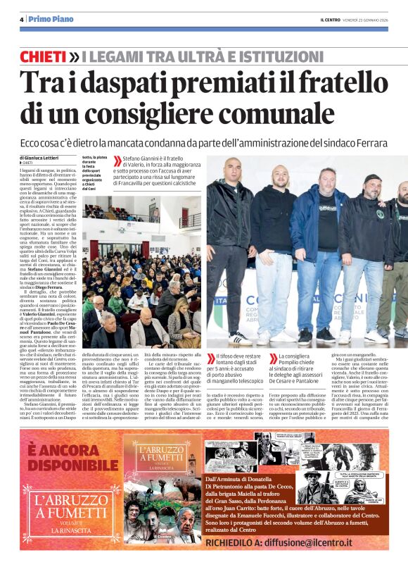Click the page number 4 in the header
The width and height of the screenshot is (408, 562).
point(22,19)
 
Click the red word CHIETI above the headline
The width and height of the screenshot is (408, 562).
point(44,56)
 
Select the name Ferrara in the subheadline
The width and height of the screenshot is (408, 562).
point(367,143)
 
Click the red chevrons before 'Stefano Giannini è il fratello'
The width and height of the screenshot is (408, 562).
point(116,161)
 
